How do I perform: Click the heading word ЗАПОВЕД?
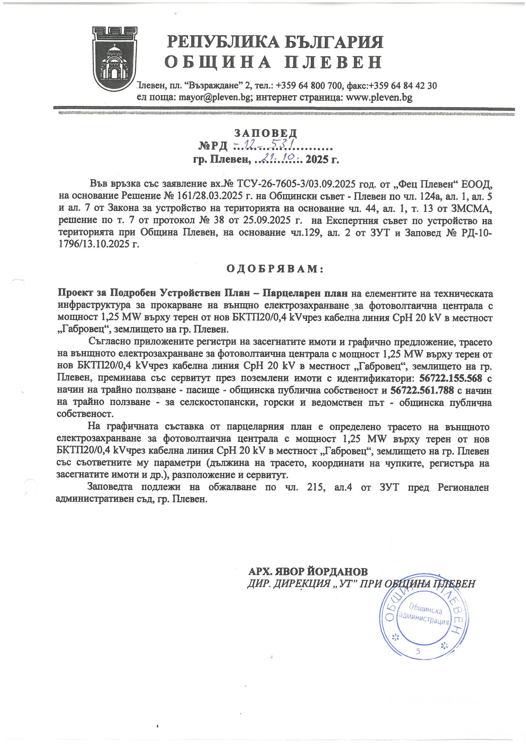[265, 133]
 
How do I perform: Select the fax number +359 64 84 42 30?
[403, 86]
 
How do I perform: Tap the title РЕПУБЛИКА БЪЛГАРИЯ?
[275, 42]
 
